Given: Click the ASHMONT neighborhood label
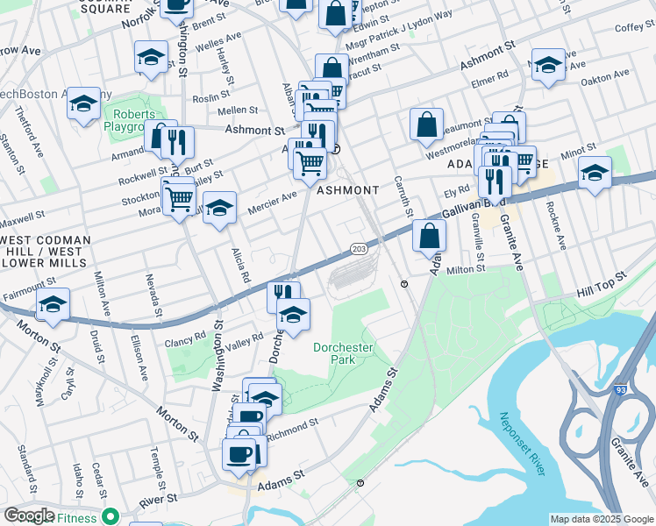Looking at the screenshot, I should (347, 190).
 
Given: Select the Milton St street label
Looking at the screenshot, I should (467, 270).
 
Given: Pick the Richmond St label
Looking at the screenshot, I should (292, 427).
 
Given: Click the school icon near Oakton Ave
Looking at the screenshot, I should (548, 67).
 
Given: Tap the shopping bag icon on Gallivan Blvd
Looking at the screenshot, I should (429, 237).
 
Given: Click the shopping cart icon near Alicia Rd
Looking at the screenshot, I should (180, 199).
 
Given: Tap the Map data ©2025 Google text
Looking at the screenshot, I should (601, 519).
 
